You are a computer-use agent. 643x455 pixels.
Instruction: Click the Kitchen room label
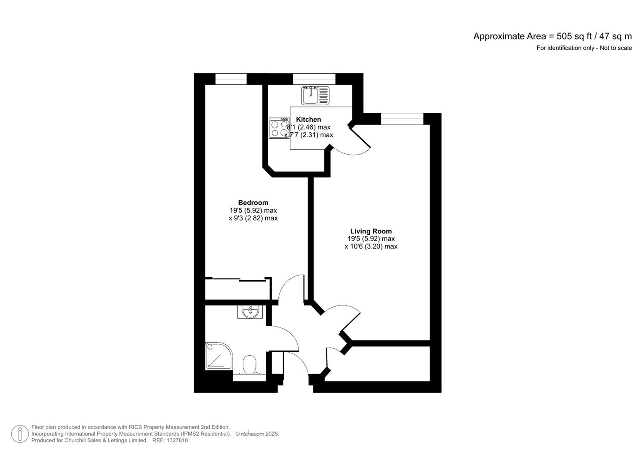308,120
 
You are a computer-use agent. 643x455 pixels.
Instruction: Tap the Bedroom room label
253,203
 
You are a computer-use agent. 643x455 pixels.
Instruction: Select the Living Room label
371,231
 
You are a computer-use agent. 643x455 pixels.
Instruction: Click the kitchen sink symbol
316,95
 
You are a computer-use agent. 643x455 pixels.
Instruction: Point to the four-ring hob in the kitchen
279,128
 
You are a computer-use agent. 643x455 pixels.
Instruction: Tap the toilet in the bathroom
250,364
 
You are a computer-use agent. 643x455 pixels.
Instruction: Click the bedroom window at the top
231,79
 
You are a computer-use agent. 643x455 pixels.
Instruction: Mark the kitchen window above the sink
314,79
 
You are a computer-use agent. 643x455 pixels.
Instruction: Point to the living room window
402,119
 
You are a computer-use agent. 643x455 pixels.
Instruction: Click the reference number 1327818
177,441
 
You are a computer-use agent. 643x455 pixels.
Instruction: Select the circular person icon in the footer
20,434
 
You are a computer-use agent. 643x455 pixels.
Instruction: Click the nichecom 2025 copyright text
257,434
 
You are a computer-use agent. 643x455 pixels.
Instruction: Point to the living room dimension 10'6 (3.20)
371,246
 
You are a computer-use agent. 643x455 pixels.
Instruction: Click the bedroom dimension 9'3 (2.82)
253,218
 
